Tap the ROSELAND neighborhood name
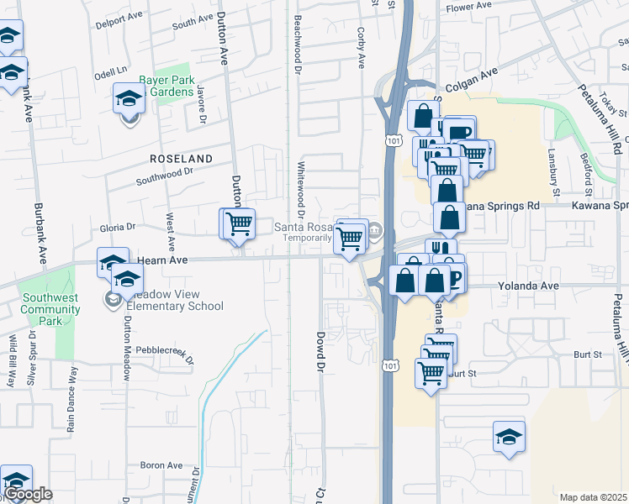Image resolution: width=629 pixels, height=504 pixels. click(180, 158)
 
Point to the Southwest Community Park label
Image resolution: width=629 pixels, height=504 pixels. click(51, 303)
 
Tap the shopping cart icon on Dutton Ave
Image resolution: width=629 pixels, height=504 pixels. click(239, 224)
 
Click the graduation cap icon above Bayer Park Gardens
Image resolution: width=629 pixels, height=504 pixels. click(129, 99)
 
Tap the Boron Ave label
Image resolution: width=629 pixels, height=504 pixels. click(161, 465)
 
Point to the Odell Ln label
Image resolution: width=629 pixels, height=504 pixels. click(111, 74)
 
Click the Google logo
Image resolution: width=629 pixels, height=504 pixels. click(28, 494)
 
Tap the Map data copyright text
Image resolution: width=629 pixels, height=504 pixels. click(593, 497)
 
